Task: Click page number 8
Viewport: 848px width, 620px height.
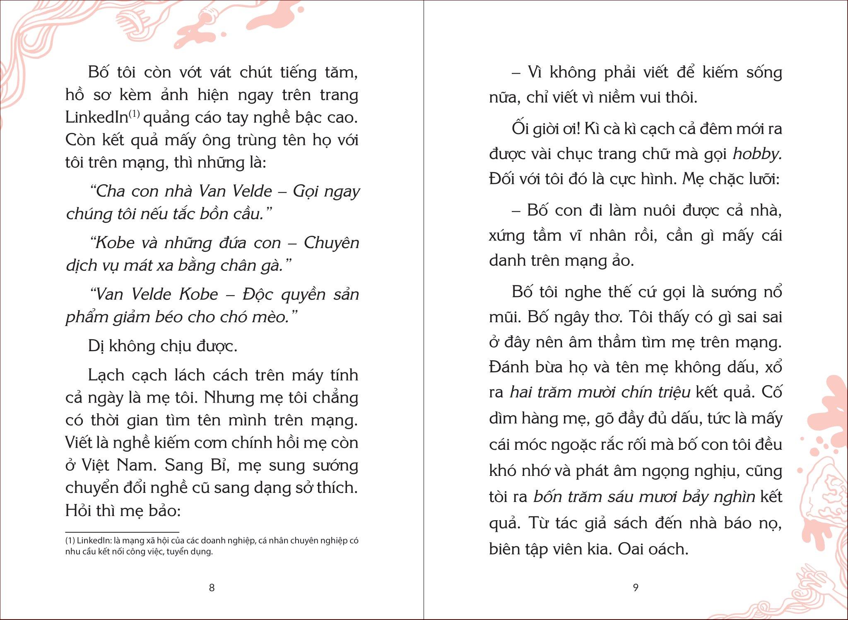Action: point(212,587)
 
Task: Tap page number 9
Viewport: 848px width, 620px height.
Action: point(636,587)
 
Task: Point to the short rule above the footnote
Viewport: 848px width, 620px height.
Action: point(122,532)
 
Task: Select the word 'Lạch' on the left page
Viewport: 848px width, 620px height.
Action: point(106,375)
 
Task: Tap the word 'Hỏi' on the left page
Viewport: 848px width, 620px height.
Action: point(77,510)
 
